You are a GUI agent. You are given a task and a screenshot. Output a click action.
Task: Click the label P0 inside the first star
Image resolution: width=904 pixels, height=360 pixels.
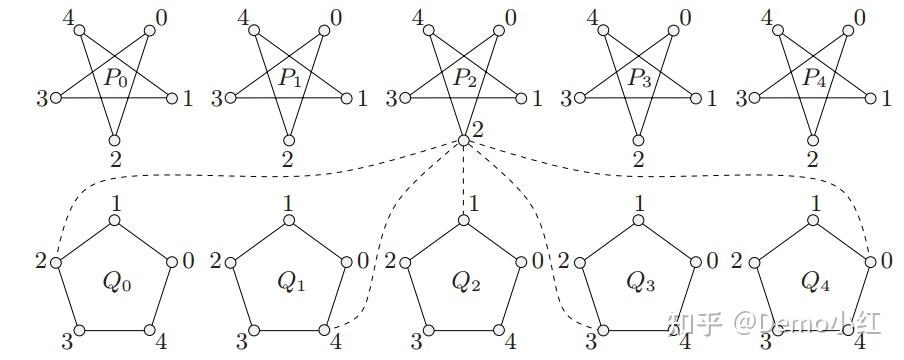[x=114, y=77]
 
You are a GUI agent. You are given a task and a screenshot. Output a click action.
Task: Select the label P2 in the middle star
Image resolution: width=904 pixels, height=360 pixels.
[x=463, y=77]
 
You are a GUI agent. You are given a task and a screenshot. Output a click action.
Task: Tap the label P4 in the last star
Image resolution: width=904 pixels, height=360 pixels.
[x=812, y=77]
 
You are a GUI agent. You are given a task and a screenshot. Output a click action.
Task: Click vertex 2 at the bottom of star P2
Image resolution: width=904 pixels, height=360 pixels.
[x=463, y=140]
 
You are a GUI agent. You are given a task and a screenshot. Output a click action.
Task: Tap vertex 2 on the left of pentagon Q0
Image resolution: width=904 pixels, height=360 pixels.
[x=56, y=262]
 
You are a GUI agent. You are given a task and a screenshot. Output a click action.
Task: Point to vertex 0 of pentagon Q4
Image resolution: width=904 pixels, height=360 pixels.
[x=871, y=262]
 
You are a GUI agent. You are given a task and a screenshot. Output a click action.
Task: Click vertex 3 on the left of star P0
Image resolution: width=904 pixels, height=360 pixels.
[x=56, y=98]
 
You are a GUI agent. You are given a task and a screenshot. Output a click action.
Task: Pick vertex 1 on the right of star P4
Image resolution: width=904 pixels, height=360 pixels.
[x=868, y=98]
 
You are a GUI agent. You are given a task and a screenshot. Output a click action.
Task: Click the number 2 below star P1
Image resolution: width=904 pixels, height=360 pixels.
[x=289, y=159]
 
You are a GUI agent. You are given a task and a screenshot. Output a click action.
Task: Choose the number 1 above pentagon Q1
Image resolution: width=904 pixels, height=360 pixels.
[x=289, y=203]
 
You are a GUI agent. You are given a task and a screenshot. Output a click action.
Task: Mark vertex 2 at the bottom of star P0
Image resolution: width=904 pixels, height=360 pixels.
[x=114, y=139]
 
